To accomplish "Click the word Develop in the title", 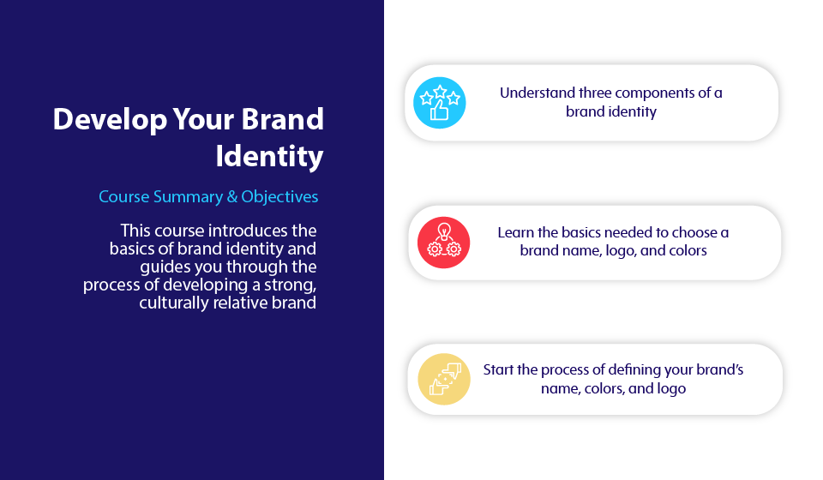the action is coord(110,120).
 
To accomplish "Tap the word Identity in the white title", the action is coord(270,156).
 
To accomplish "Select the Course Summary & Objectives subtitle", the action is coord(208,197).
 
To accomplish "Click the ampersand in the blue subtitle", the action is coord(232,197).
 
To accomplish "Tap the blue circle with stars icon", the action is coord(439,103).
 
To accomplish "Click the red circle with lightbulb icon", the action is coord(443,243).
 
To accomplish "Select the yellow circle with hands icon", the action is coord(444,379).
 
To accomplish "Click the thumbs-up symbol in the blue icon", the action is coord(439,111).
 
